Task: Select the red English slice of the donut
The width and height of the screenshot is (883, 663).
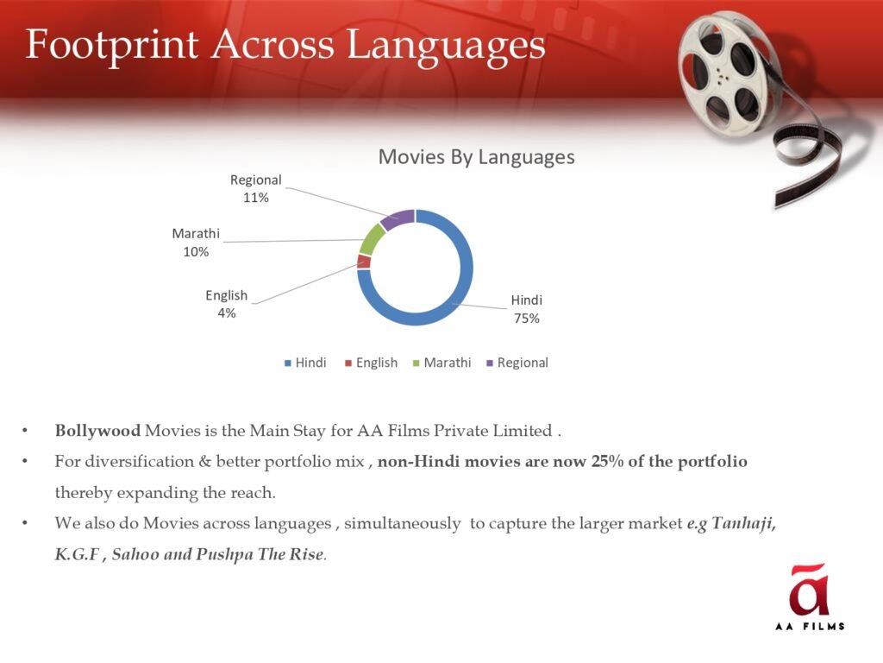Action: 364,262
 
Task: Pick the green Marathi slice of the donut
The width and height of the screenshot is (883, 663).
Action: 371,239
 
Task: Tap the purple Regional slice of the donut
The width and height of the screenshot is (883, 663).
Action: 398,218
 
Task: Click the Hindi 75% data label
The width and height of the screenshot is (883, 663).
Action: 527,309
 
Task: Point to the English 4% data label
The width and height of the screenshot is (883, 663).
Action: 227,304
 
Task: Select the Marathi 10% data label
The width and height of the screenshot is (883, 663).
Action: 196,243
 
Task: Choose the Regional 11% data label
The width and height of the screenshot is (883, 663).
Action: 255,188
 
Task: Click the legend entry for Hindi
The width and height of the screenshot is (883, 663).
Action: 305,363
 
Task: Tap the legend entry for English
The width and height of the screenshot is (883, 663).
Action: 371,363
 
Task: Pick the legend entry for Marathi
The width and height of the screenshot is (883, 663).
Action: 442,363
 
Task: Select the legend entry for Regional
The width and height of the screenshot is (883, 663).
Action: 517,363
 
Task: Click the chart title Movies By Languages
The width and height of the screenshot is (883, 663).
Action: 476,157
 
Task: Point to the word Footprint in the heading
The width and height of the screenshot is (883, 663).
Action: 112,45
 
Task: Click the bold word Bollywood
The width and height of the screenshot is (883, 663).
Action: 97,432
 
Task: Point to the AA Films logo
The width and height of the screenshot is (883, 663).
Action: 810,596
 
